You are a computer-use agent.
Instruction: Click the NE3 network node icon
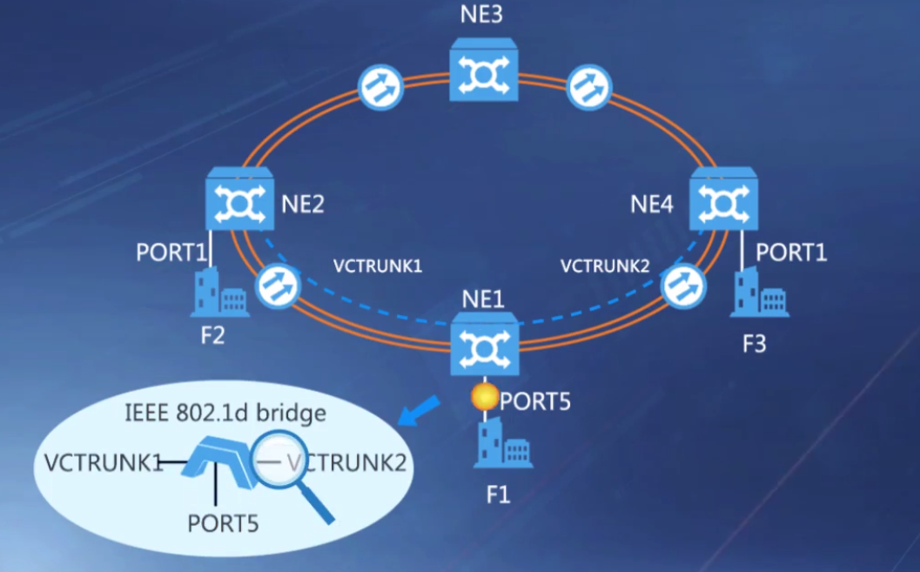(x=484, y=73)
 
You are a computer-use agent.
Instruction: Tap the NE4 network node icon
(x=723, y=200)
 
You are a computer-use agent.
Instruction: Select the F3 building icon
(x=758, y=293)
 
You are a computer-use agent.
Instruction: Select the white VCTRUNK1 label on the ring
(x=377, y=266)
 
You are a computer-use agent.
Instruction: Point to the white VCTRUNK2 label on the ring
(x=605, y=265)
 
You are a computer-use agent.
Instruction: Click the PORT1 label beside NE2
(x=171, y=252)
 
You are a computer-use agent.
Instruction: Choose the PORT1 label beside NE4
(x=790, y=252)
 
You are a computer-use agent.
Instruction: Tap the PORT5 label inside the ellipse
(x=223, y=523)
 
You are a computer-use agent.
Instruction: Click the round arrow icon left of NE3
(x=379, y=87)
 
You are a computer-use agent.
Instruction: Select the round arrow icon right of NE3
(x=589, y=87)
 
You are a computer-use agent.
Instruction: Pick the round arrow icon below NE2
(x=278, y=286)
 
